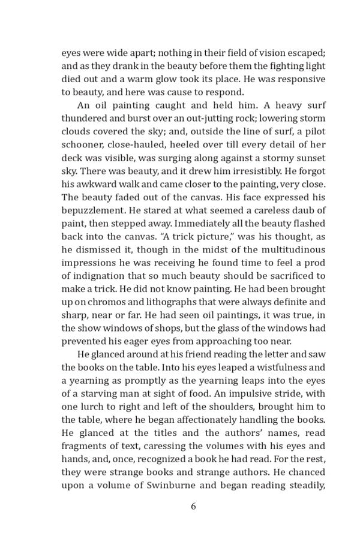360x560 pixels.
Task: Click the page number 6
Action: coord(193,506)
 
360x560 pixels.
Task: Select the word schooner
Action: coord(83,145)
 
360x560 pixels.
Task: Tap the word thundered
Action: coord(84,119)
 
